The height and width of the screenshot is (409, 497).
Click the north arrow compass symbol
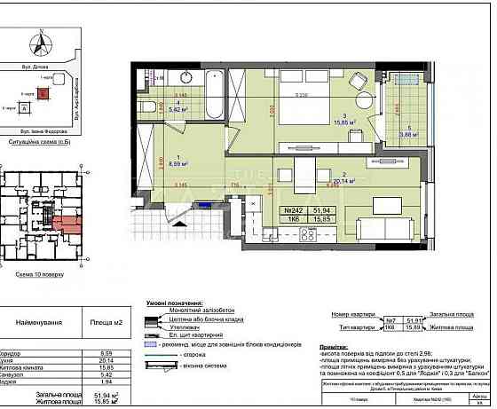pos(38,41)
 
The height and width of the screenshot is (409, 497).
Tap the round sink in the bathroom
pos(188,75)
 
